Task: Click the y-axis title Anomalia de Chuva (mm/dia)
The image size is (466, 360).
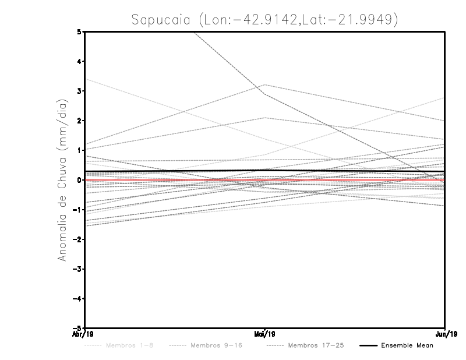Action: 62,180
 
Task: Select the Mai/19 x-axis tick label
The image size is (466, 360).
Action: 265,334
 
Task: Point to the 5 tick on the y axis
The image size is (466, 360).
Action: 79,31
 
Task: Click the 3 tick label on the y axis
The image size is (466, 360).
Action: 79,91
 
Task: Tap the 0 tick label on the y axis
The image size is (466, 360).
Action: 79,180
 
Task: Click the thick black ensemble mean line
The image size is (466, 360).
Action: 349,171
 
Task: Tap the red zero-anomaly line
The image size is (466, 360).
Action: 349,180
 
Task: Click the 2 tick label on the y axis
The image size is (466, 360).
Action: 79,121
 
